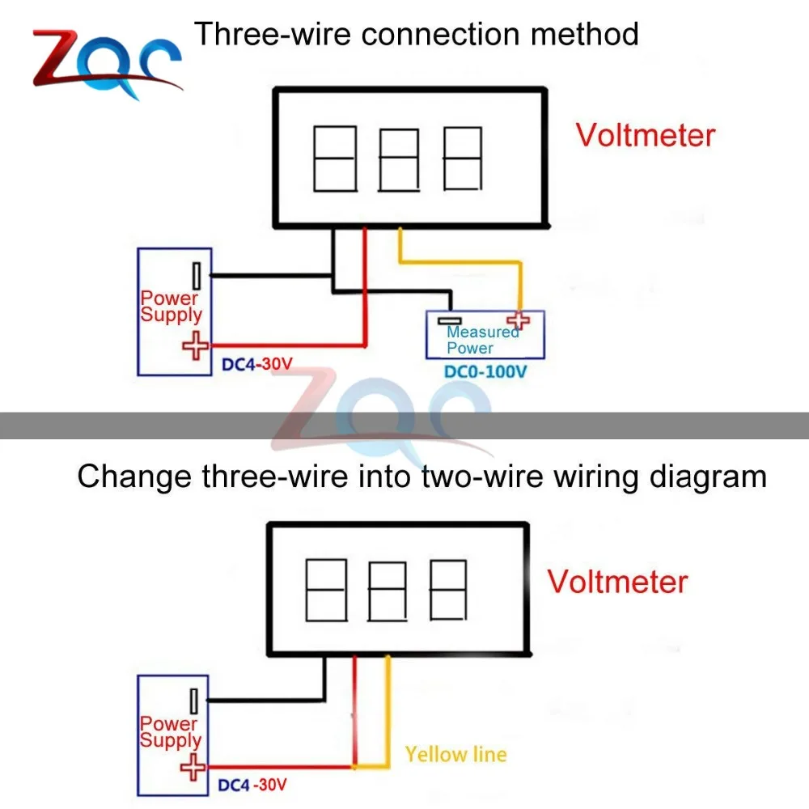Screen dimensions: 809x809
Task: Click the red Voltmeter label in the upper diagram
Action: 646,134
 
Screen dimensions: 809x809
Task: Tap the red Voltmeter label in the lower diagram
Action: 618,582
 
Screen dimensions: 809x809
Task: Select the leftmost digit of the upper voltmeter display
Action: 334,159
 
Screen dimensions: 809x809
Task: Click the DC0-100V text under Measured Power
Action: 485,372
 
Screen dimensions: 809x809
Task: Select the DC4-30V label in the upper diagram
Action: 256,365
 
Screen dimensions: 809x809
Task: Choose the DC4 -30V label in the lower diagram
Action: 252,784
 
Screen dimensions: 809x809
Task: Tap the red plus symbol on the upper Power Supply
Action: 194,346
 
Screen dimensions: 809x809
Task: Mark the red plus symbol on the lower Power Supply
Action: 193,766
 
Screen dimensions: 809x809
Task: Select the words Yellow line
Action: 456,755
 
